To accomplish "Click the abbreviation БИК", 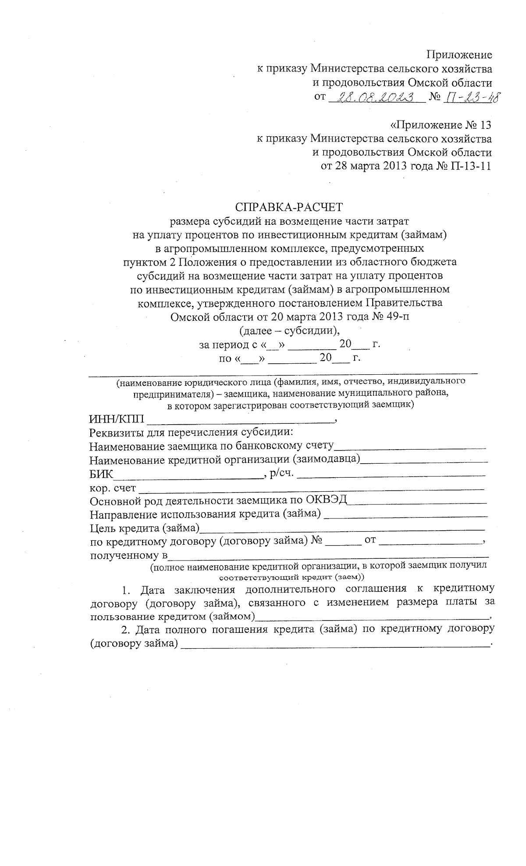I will tap(101, 474).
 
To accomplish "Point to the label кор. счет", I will tap(113, 488).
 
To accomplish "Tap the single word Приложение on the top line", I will tap(459, 55).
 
